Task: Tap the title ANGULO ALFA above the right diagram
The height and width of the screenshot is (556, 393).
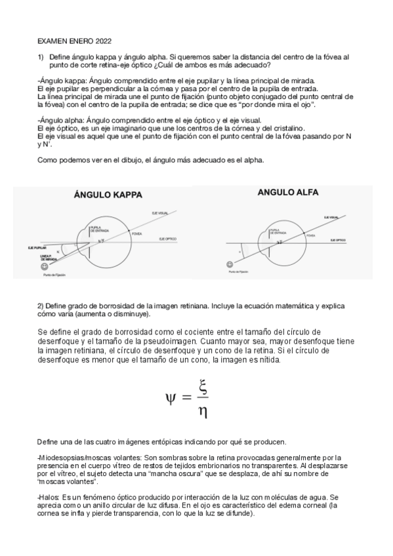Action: (x=287, y=192)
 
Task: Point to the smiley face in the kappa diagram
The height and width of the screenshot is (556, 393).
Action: (x=44, y=268)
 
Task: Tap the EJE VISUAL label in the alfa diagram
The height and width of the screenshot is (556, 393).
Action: (x=332, y=216)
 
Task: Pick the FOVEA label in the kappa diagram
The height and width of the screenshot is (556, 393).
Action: (x=136, y=233)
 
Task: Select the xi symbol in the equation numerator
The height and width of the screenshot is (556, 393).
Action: (x=203, y=387)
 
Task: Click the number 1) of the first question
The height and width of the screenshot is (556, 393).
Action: (x=40, y=58)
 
